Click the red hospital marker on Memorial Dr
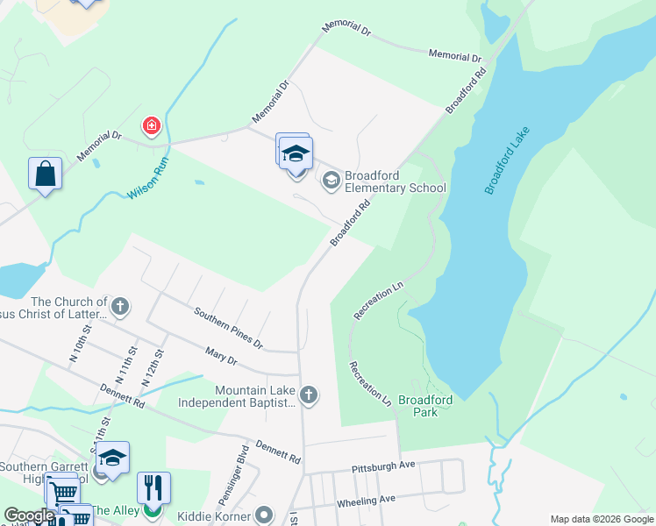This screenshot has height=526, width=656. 153,127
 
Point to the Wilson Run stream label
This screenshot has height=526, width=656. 147,177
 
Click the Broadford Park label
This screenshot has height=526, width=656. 424,406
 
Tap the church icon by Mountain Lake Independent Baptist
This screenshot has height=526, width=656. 308,395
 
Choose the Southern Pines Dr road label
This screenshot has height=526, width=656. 228,326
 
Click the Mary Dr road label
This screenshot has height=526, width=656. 220,356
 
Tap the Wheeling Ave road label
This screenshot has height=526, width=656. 366,501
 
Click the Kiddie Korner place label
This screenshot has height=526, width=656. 214,516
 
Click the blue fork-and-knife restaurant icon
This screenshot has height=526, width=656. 153,487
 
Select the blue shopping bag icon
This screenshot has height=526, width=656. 45,173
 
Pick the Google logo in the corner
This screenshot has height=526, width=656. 29,515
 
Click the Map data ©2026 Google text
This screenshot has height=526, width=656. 601,519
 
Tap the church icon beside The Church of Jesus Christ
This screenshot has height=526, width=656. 120,307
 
